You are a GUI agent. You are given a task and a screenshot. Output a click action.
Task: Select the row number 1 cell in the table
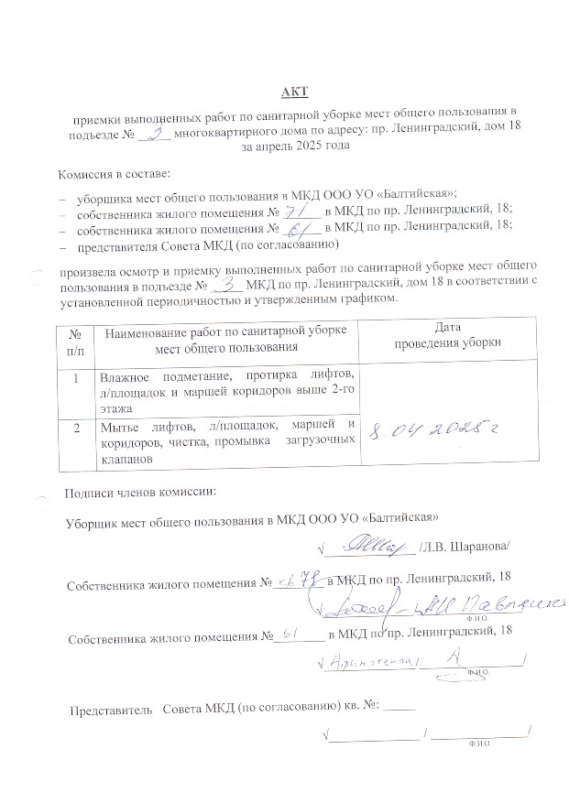74,374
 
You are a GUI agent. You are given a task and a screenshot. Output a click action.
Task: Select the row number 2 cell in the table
74,426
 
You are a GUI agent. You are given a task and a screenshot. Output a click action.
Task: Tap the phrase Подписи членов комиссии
139,492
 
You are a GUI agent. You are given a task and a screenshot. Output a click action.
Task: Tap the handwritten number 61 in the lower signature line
290,631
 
